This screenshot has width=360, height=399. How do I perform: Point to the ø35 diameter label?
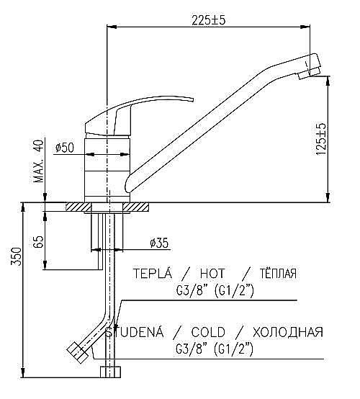pos(159,243)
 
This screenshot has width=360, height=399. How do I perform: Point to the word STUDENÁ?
pos(136,332)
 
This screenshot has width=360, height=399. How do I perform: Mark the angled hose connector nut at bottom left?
pos(78,351)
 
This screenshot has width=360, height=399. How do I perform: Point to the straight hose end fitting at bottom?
pos(110,372)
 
